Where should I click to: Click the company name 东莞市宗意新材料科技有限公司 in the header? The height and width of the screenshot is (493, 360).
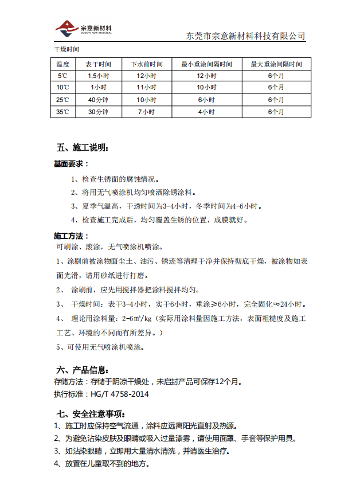pyautogui.click(x=246, y=36)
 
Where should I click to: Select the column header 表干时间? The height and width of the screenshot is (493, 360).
pyautogui.click(x=98, y=64)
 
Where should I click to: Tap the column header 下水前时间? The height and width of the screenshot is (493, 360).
pyautogui.click(x=146, y=64)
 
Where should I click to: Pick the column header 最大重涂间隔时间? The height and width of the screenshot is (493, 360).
pyautogui.click(x=276, y=64)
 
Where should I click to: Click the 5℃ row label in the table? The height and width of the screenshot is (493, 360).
pyautogui.click(x=62, y=76)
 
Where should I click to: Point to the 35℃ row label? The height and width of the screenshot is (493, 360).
pyautogui.click(x=62, y=112)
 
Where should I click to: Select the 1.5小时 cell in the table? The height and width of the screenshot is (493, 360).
pyautogui.click(x=98, y=76)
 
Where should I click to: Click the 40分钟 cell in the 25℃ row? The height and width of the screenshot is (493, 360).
pyautogui.click(x=98, y=100)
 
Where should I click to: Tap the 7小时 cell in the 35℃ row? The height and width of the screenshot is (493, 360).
pyautogui.click(x=146, y=112)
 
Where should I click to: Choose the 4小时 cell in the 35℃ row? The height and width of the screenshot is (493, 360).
pyautogui.click(x=206, y=112)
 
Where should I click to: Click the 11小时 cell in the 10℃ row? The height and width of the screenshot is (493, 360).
pyautogui.click(x=146, y=88)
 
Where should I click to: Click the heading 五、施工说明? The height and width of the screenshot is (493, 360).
pyautogui.click(x=81, y=148)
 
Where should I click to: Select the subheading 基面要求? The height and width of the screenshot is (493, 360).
pyautogui.click(x=71, y=164)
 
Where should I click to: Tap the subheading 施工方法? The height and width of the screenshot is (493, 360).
pyautogui.click(x=71, y=236)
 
